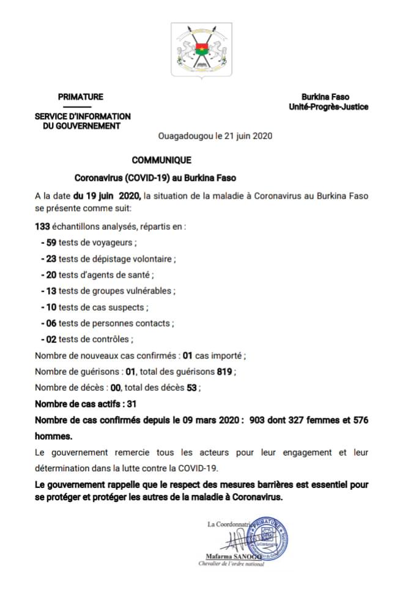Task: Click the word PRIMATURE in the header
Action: click(x=81, y=97)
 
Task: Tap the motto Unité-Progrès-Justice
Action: click(x=328, y=107)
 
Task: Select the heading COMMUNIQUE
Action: click(x=161, y=160)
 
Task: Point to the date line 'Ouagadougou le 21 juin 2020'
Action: click(x=215, y=136)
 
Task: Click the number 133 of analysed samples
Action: click(x=42, y=226)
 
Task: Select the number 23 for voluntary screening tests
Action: click(x=51, y=259)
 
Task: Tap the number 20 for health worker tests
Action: click(x=51, y=274)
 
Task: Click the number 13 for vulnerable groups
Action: click(x=51, y=291)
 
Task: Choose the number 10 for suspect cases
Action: click(x=51, y=307)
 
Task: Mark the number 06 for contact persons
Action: click(x=51, y=323)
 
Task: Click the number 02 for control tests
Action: click(x=51, y=339)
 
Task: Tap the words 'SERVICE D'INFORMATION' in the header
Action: click(x=83, y=116)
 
